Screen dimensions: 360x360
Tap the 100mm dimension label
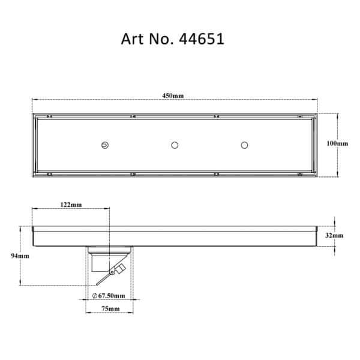(x=337, y=144)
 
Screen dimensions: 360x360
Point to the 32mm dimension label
(x=334, y=236)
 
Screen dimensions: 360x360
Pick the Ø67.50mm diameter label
(x=109, y=296)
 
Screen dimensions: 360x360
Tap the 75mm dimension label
(x=109, y=308)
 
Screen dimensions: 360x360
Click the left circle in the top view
(x=105, y=145)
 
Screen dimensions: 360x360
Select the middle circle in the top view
(x=175, y=145)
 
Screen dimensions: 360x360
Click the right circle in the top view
(x=244, y=145)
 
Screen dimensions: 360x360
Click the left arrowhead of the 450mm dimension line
(x=33, y=101)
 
